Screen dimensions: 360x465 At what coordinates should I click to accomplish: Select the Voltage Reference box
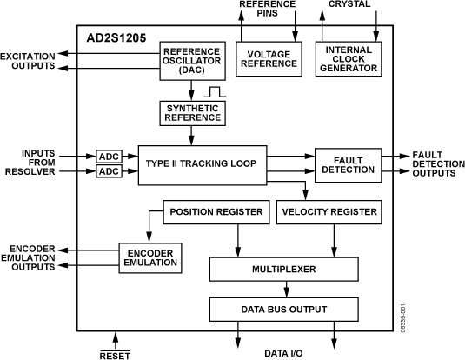pyautogui.click(x=268, y=58)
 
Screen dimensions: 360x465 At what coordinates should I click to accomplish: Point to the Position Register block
pyautogui.click(x=216, y=211)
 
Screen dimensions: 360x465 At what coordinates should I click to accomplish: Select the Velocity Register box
pyautogui.click(x=329, y=211)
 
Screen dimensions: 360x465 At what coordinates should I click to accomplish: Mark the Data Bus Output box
pyautogui.click(x=283, y=309)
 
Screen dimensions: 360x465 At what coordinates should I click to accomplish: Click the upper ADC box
pyautogui.click(x=110, y=157)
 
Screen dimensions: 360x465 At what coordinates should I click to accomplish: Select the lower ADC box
pyautogui.click(x=110, y=171)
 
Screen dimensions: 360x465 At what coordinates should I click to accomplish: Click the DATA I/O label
pyautogui.click(x=284, y=353)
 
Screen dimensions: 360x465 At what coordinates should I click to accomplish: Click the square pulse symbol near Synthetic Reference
pyautogui.click(x=216, y=90)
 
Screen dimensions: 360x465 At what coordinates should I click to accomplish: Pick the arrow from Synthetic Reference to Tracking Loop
pyautogui.click(x=193, y=135)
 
